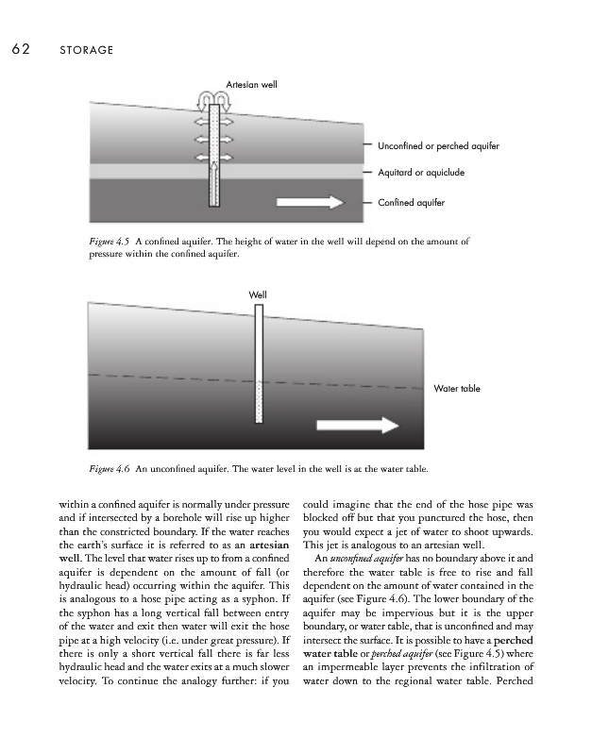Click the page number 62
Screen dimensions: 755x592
pos(20,49)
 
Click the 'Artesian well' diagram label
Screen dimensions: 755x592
pos(251,86)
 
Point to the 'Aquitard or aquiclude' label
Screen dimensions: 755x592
pos(421,173)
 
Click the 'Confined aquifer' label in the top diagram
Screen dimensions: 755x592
pos(411,202)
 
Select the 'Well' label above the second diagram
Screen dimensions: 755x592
pos(257,295)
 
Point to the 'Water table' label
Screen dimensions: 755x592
pos(458,388)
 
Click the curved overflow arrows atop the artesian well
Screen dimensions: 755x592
pos(213,97)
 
